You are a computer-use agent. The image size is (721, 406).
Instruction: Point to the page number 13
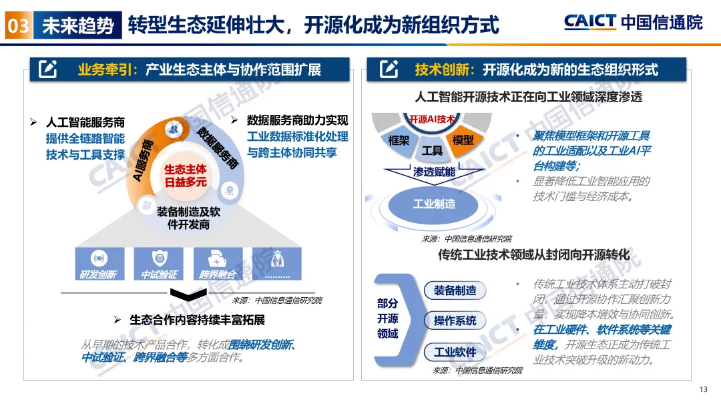[x=703, y=390]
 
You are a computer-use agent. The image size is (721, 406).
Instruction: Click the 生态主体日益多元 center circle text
[x=186, y=176]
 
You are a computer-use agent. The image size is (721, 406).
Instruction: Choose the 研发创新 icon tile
[x=99, y=264]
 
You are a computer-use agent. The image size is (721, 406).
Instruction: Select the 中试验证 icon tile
[x=159, y=264]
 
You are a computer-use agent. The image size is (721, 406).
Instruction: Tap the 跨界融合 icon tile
[x=218, y=264]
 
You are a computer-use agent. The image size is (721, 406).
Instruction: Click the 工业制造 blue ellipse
[x=434, y=204]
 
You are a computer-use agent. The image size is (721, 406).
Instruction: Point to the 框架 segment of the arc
[x=399, y=140]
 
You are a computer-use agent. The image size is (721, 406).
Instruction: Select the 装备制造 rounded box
[x=455, y=290]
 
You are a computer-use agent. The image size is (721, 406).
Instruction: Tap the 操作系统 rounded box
[x=455, y=321]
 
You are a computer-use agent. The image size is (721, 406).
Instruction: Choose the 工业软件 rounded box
[x=455, y=352]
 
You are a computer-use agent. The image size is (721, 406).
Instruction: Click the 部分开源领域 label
[x=387, y=318]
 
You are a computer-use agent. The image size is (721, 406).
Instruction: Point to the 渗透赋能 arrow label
[x=434, y=172]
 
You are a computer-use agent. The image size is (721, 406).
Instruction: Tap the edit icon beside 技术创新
[x=389, y=69]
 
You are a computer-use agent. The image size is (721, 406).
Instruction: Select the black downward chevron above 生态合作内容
[x=184, y=294]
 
